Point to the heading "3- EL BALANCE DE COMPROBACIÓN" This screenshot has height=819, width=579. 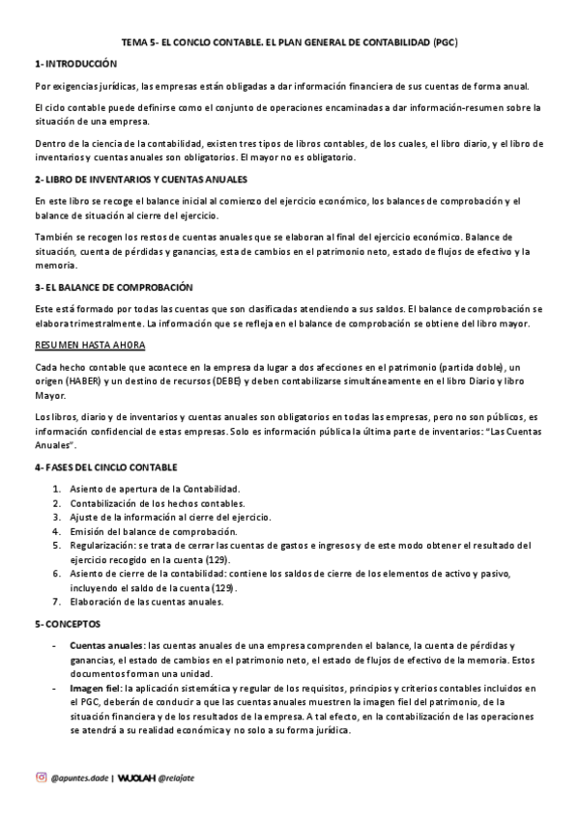[113, 287]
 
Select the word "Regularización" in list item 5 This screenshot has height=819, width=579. [101, 546]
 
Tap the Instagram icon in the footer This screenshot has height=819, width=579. [41, 777]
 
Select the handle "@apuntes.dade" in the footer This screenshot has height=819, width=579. [79, 777]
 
